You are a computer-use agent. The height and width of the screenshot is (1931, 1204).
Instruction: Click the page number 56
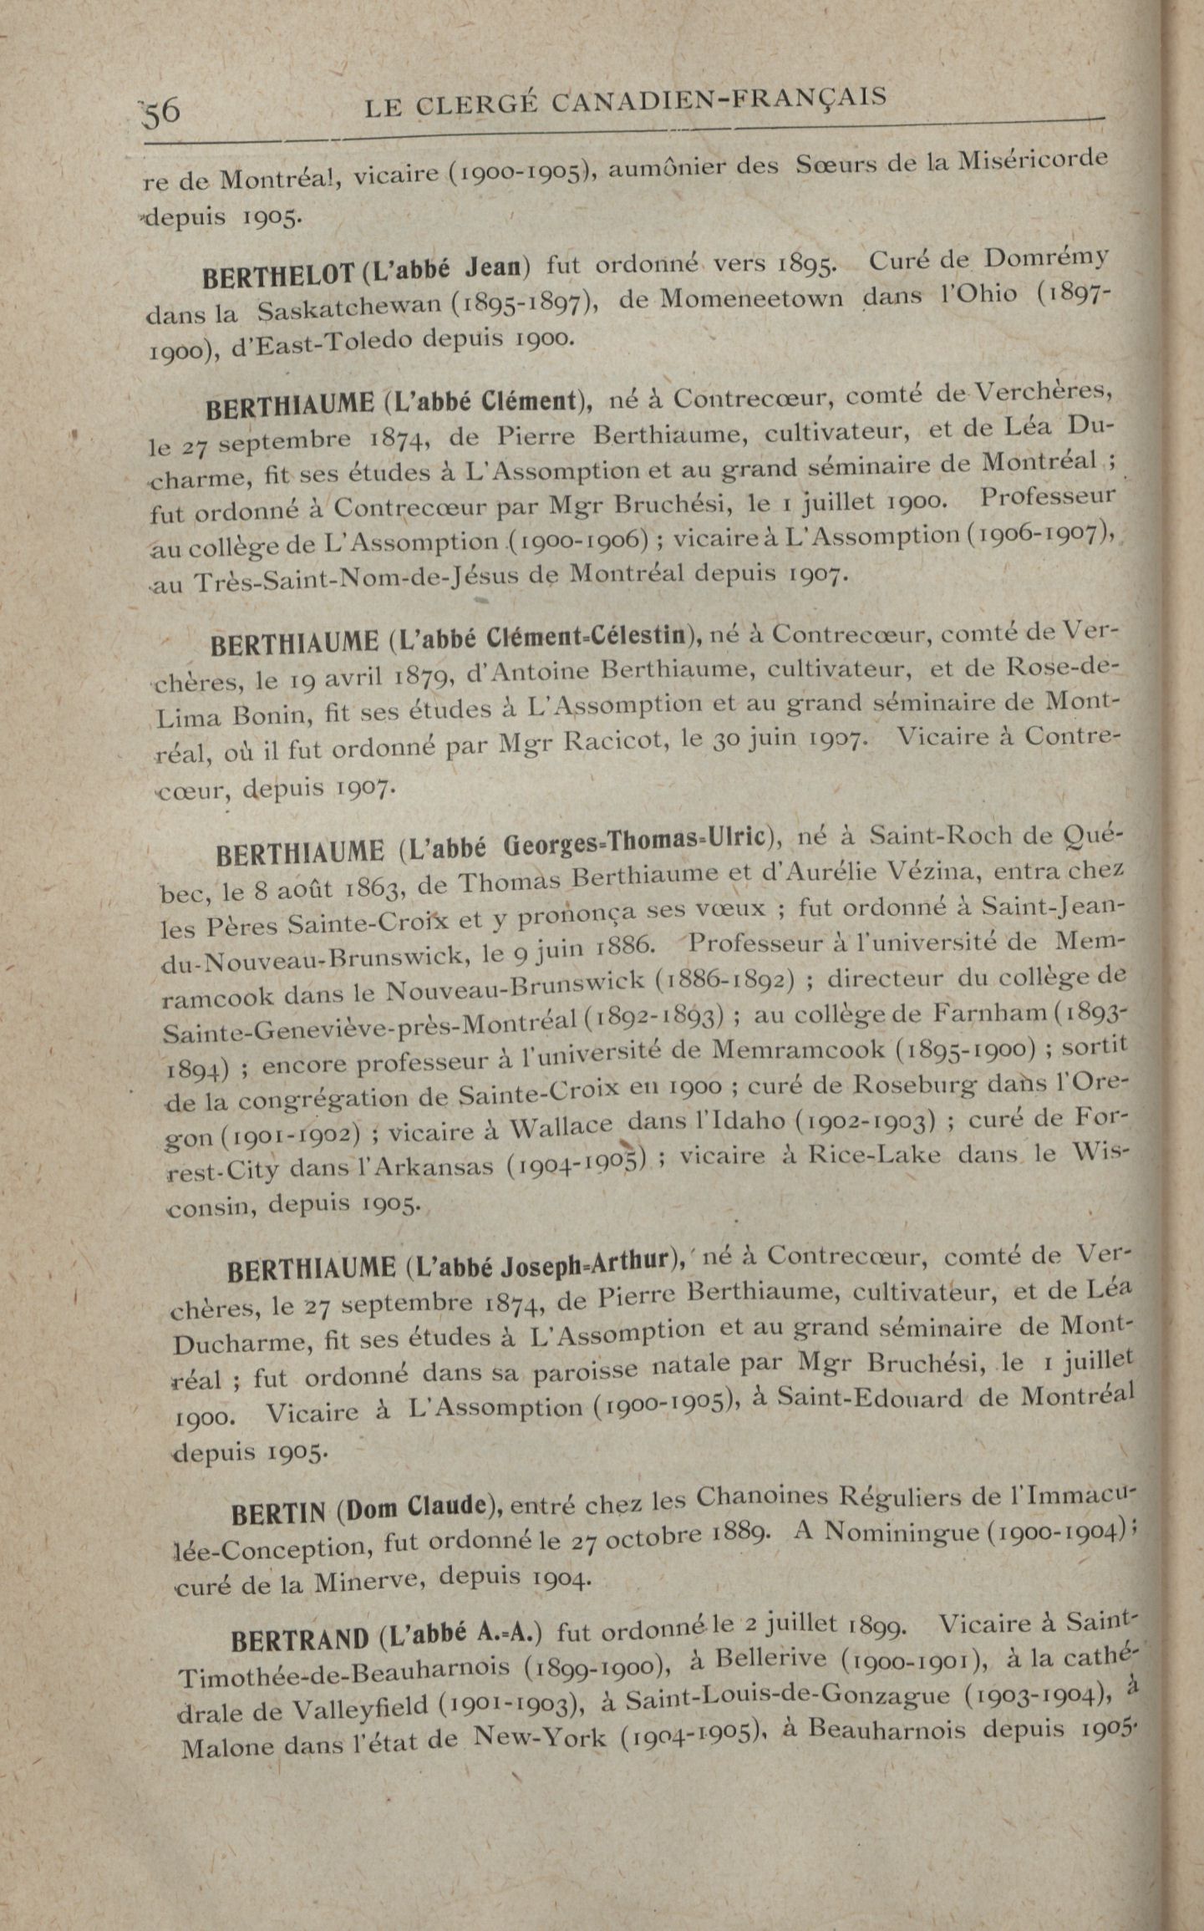(x=162, y=112)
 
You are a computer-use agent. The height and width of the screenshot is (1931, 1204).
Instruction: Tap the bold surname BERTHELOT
(x=267, y=273)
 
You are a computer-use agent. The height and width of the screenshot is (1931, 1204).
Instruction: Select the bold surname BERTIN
(x=282, y=1513)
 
